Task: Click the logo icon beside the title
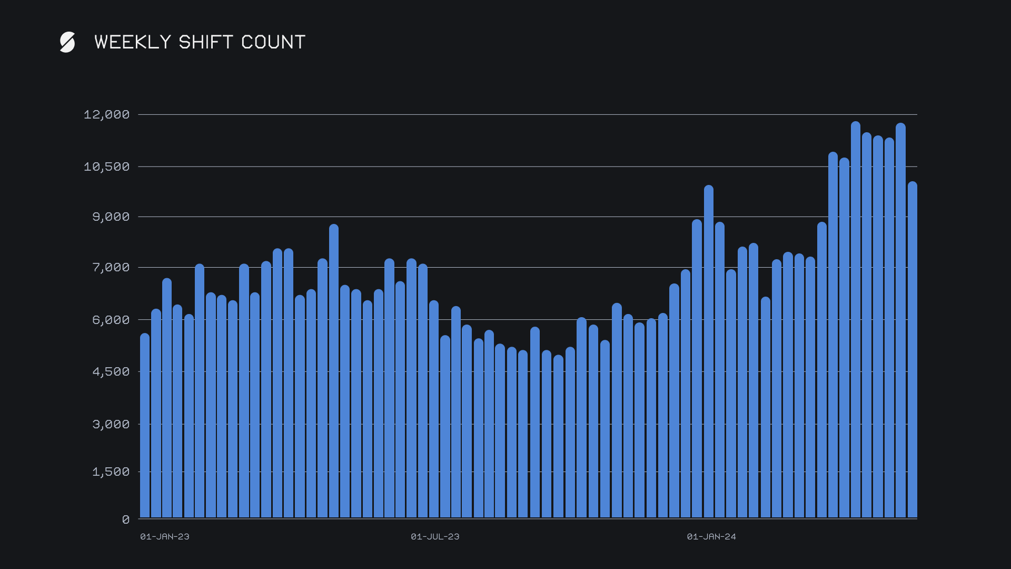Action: point(67,42)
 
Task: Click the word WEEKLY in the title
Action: point(133,42)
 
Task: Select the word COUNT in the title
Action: point(273,42)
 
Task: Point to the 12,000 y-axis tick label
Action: point(106,114)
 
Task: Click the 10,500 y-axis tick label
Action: point(106,166)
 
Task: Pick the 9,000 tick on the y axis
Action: point(111,217)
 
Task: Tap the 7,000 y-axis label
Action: point(111,267)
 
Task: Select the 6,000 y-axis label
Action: point(111,320)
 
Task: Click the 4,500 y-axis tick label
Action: point(111,371)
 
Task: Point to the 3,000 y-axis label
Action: point(111,424)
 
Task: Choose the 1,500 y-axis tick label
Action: point(111,472)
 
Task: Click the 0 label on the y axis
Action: point(125,519)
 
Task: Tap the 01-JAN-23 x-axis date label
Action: point(164,536)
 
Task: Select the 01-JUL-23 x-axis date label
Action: point(435,536)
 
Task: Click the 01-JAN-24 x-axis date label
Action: point(711,536)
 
